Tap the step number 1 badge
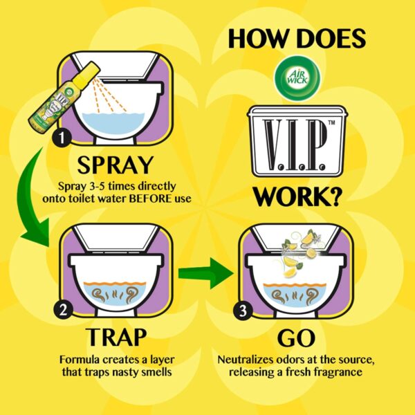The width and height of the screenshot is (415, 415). [63, 140]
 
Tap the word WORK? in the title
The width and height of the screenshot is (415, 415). [297, 196]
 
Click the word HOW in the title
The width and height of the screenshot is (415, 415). [261, 38]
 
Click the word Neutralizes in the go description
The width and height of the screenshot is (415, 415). [244, 360]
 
